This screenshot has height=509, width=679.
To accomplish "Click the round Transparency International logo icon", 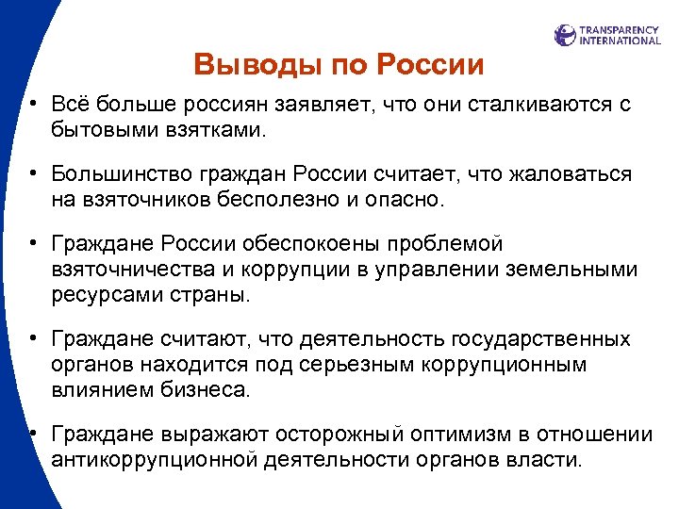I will (x=565, y=36).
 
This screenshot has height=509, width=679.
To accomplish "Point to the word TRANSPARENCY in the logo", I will (x=620, y=30).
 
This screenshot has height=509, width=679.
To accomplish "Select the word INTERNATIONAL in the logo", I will (x=620, y=41).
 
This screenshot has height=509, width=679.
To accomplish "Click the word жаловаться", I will (x=570, y=175).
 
